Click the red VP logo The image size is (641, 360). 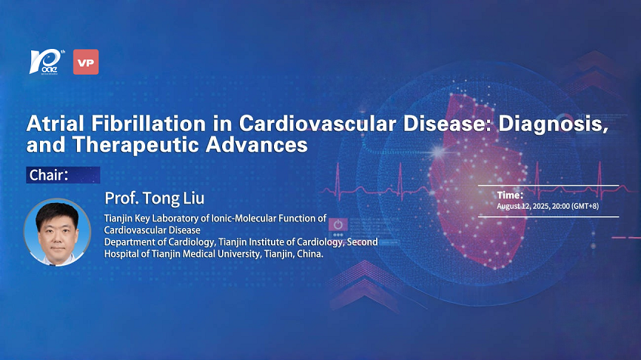click(x=86, y=62)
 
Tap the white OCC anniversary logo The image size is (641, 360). click(x=47, y=62)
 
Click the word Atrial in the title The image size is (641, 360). click(x=56, y=124)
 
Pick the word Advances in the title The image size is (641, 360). click(x=257, y=144)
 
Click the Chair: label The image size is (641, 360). click(x=49, y=175)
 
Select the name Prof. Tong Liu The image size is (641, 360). click(x=155, y=199)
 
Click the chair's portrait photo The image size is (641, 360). click(x=57, y=233)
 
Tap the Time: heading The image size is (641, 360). click(x=510, y=195)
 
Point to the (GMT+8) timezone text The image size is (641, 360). click(x=585, y=206)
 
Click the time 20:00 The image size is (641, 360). click(x=560, y=206)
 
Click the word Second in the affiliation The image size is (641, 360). click(x=362, y=241)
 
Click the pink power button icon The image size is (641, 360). click(x=338, y=224)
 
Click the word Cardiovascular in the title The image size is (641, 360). click(x=318, y=124)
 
